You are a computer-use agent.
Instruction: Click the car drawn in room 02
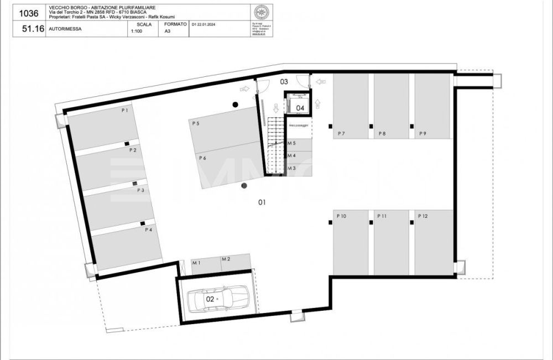217,299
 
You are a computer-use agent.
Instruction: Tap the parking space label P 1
125,111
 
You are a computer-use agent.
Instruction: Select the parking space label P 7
341,134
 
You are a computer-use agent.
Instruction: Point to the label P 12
422,216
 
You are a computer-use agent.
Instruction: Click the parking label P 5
196,124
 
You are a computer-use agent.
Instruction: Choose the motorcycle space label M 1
196,262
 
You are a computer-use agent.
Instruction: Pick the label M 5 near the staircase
291,143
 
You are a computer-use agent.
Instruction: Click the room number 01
262,202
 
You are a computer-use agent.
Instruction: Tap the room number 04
300,108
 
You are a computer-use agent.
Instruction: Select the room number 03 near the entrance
284,82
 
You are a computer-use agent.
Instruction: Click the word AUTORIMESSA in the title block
61,29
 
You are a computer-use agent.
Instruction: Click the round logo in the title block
260,13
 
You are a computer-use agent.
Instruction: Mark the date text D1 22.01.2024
204,25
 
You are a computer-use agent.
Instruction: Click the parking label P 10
341,216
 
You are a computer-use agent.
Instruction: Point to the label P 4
148,229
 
